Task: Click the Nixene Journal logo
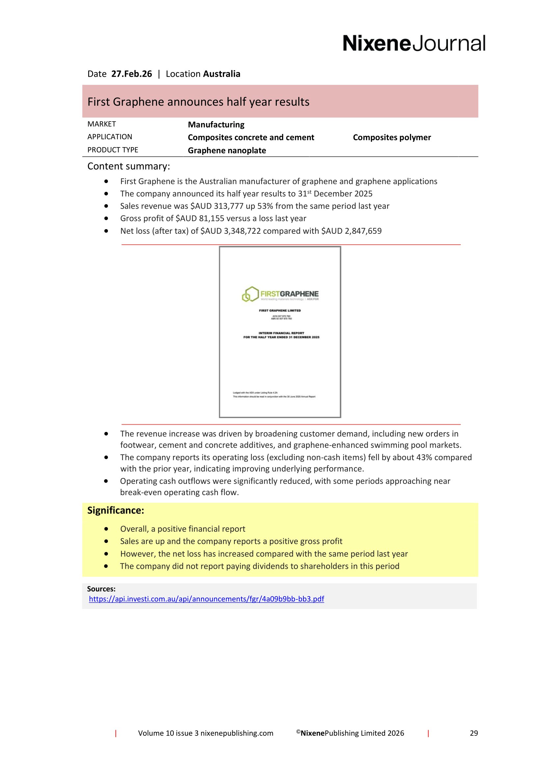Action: pos(414,43)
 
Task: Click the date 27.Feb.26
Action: pos(131,74)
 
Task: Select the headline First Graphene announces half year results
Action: pos(198,102)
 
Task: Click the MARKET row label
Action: pos(102,124)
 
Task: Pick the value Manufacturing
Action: pos(216,124)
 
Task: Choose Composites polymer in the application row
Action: pos(392,137)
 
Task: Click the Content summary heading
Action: pos(128,166)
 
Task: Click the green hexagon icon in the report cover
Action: pos(250,294)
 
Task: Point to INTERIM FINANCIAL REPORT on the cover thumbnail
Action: pos(281,333)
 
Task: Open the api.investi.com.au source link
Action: pos(206,598)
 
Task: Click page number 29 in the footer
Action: pos(474,733)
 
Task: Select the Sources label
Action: pos(101,589)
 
